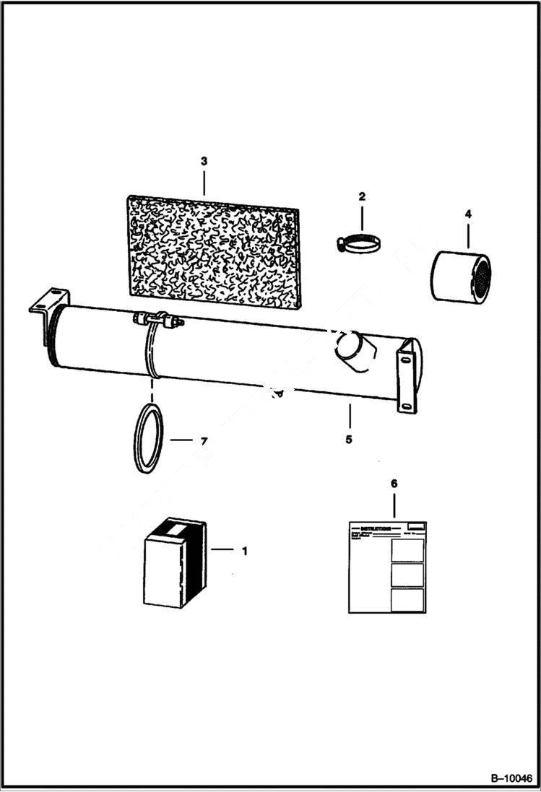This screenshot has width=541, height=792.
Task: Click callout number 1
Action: tap(244, 551)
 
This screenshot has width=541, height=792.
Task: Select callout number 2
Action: tap(362, 196)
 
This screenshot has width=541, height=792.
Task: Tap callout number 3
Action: tap(204, 160)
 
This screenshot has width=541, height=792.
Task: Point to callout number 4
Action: tap(468, 214)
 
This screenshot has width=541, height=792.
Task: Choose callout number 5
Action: tap(348, 439)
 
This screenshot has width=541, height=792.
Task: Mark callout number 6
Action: tap(394, 483)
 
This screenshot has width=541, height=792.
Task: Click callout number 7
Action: tap(204, 440)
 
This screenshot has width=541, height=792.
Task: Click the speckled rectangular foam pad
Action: tap(213, 251)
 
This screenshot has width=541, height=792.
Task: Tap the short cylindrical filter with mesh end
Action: tap(460, 277)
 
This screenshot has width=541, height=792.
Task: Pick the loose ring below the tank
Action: tap(149, 438)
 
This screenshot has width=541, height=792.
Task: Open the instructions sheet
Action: tap(387, 567)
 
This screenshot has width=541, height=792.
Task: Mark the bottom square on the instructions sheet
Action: tap(407, 600)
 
